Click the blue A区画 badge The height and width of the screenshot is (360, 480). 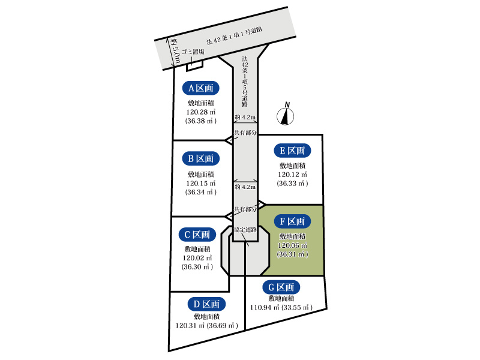(200, 88)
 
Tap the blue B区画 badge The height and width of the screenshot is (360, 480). (200, 158)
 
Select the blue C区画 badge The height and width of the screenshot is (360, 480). (197, 235)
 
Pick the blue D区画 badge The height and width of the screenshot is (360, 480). (206, 304)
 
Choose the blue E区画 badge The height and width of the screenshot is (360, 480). (292, 151)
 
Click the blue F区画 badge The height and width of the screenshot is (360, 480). (292, 221)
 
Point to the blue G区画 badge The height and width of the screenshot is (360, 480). (281, 287)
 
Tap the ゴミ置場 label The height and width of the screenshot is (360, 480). (193, 52)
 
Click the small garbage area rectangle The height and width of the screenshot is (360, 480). (194, 65)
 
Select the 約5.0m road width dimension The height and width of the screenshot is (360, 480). (174, 52)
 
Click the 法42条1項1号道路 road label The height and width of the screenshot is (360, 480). (234, 36)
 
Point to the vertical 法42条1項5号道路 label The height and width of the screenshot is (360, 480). (245, 82)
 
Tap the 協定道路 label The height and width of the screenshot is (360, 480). (245, 230)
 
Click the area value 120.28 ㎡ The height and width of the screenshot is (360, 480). (201, 112)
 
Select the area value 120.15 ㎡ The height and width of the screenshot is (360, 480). (201, 184)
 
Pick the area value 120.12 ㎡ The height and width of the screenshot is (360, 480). (292, 175)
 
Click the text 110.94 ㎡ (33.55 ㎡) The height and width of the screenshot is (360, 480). (281, 307)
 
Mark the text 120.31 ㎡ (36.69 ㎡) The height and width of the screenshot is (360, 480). (206, 325)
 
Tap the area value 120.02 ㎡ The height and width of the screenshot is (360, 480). (197, 258)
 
